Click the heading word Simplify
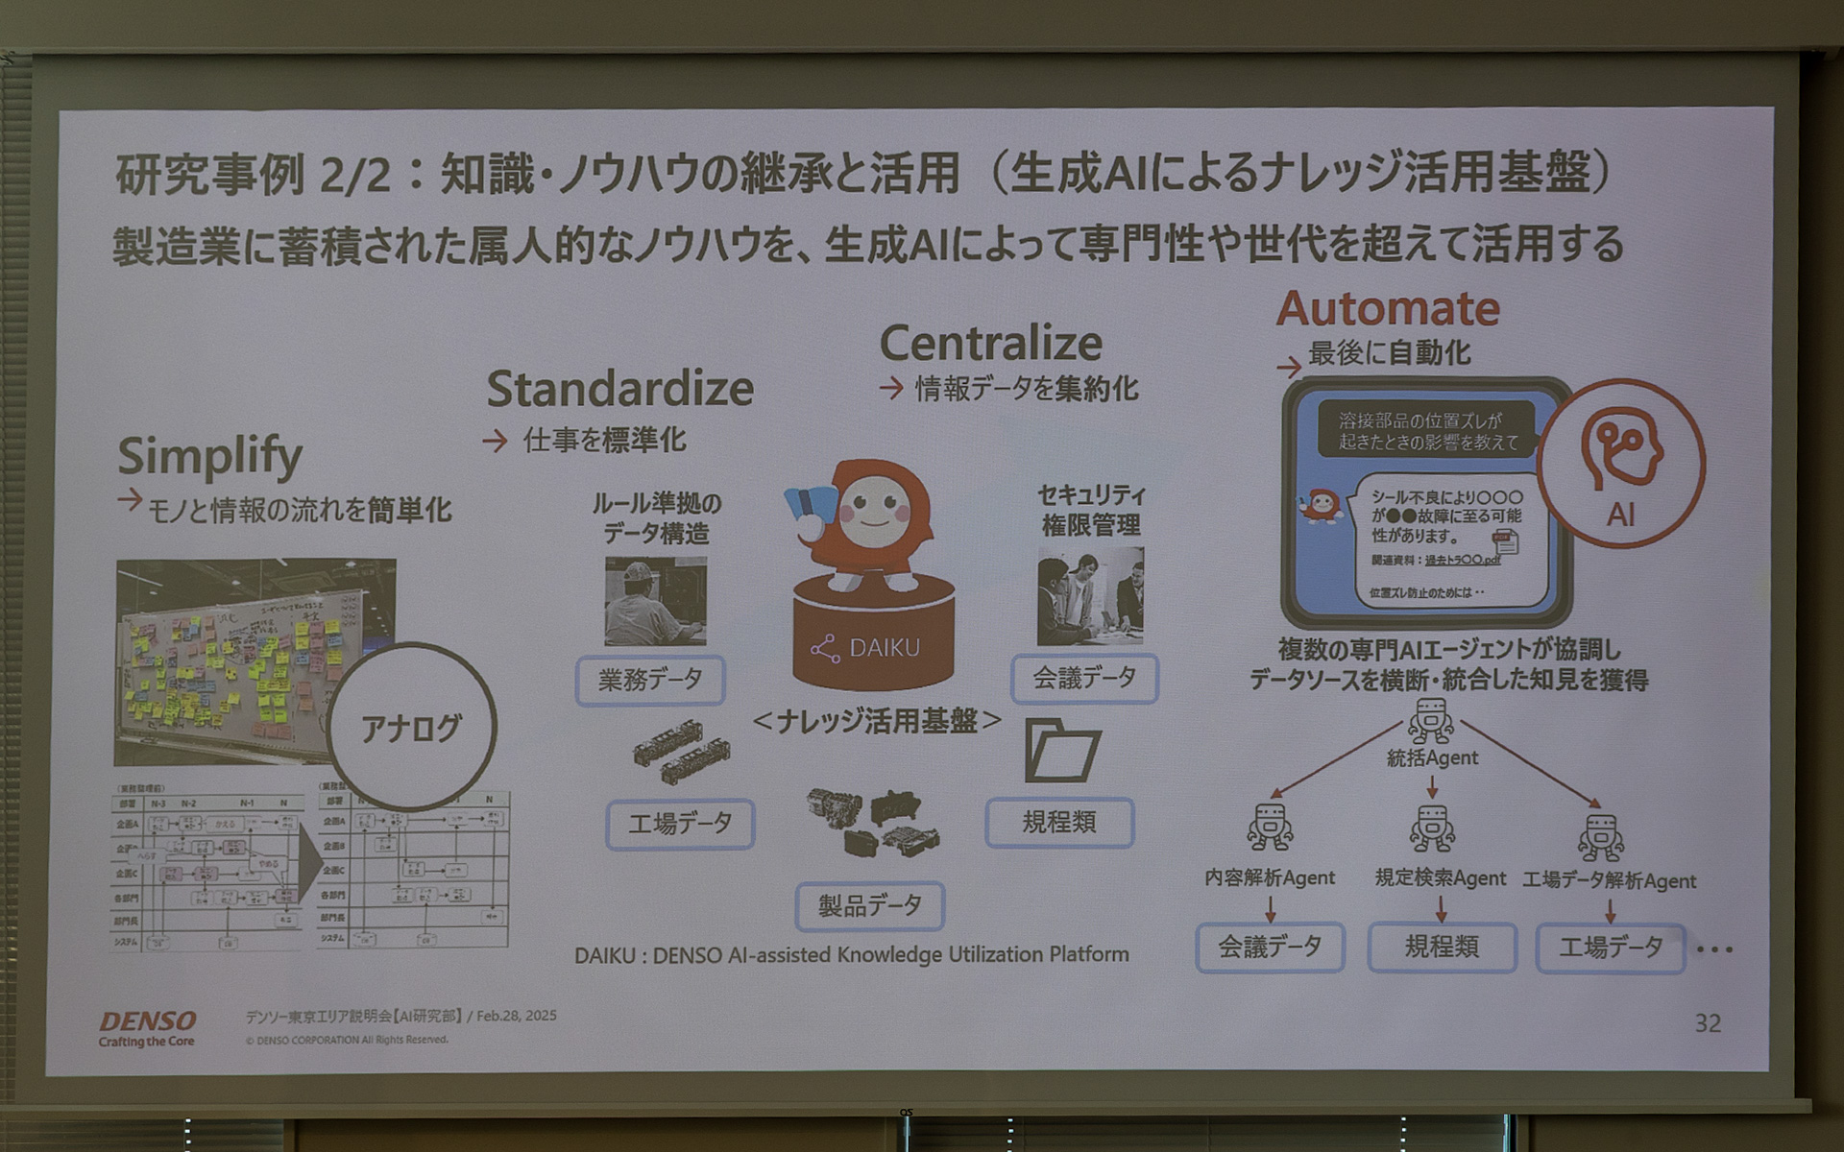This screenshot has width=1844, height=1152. pos(209,456)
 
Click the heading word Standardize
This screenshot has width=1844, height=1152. pos(619,389)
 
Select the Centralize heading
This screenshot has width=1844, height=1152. pos(990,344)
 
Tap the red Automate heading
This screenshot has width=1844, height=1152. pos(1387,309)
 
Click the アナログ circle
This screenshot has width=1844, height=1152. pos(411,728)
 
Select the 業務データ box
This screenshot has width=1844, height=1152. pos(650,681)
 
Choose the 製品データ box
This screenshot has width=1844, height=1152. pos(869,905)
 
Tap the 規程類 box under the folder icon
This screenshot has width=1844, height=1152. pos(1058,822)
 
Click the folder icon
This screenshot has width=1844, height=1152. pos(1061,750)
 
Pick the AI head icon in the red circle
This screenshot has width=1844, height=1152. pos(1621,451)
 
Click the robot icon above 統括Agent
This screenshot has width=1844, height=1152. pos(1431,720)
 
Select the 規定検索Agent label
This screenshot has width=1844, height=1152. pos(1440,877)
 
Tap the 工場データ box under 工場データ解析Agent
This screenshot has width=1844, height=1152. pos(1610,948)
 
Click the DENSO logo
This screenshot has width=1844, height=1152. pos(147,1021)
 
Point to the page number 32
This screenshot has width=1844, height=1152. pos(1707,1023)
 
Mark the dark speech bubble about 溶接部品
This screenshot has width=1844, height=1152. pos(1427,431)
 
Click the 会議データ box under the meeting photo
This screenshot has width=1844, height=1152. pos(1084,679)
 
